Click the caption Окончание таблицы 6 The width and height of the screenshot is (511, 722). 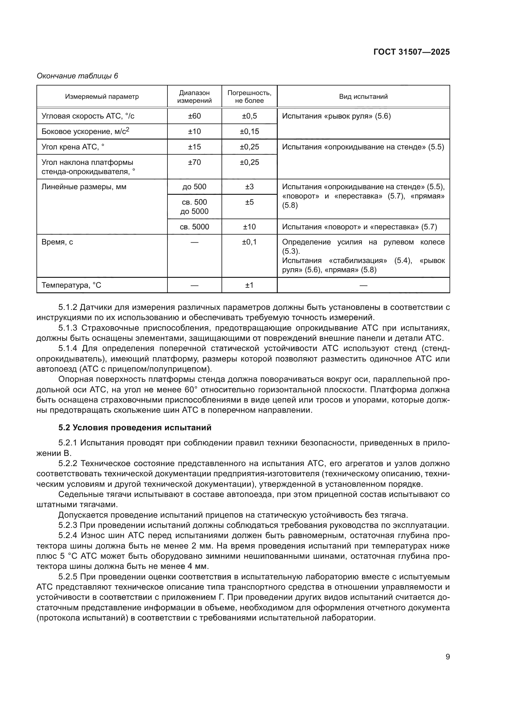[78, 76]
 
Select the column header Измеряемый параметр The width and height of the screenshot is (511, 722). [102, 97]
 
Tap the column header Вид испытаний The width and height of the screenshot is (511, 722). [363, 97]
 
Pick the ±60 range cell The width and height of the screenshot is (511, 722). [194, 116]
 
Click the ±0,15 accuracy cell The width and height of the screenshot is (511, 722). [249, 131]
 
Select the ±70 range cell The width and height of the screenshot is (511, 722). [194, 162]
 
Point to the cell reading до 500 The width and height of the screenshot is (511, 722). [194, 187]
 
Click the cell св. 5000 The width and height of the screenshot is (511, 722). [194, 227]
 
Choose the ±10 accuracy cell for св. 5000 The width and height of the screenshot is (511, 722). [249, 227]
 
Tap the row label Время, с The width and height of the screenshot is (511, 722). [57, 242]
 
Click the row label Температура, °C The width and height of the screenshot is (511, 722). [71, 285]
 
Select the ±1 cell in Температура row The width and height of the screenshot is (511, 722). [249, 285]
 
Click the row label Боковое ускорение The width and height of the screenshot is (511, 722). [85, 131]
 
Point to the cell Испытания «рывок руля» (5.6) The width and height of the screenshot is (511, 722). [336, 116]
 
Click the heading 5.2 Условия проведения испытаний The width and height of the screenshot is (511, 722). [135, 428]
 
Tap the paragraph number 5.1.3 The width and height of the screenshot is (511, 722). [68, 328]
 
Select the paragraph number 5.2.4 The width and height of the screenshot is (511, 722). [68, 536]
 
